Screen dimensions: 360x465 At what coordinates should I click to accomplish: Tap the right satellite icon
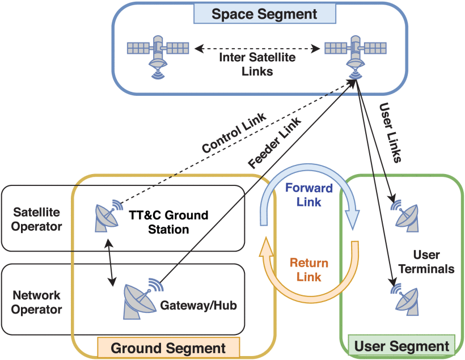(x=356, y=52)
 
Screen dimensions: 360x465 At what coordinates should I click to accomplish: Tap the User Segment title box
(x=401, y=345)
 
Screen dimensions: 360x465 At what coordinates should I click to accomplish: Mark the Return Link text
(x=308, y=270)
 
